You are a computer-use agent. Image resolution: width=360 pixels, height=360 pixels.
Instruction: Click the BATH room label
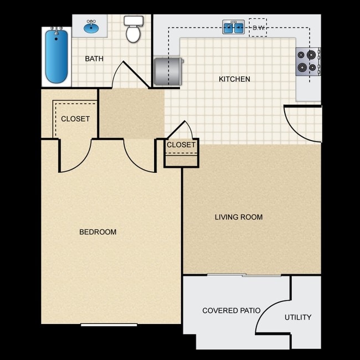[94, 59]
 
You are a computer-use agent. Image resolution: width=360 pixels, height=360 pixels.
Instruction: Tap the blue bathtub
[56, 56]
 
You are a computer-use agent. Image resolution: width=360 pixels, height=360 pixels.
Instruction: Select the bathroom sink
[92, 26]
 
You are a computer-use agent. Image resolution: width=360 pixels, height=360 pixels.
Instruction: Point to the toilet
[133, 30]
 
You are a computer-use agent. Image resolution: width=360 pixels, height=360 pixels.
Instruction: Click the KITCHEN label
[234, 79]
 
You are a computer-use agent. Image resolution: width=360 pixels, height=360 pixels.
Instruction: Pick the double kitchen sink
[234, 27]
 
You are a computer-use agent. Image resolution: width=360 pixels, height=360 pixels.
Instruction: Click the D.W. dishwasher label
[258, 27]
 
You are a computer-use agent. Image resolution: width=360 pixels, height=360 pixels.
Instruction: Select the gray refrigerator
[168, 71]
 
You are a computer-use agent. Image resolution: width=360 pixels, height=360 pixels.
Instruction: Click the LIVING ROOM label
[239, 217]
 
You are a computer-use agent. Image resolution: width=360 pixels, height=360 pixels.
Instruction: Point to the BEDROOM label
[98, 232]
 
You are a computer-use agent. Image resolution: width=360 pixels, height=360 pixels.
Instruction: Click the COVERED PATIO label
[232, 311]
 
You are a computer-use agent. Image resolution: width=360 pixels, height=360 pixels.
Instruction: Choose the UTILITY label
[298, 317]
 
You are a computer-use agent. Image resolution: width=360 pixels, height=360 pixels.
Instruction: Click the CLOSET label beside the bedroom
[75, 119]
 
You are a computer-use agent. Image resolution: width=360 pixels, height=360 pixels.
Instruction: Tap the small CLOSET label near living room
[181, 145]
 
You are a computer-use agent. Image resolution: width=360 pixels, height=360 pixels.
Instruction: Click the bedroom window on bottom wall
[109, 325]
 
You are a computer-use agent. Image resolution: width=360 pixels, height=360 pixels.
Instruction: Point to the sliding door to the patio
[244, 275]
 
